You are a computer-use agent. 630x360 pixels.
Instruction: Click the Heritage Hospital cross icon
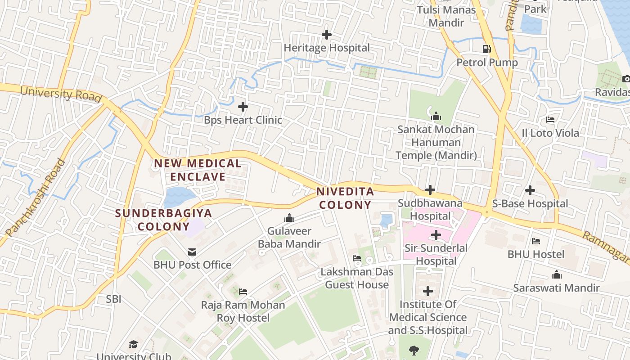[x=327, y=34]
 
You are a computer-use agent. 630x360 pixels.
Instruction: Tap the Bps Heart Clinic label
[x=243, y=120]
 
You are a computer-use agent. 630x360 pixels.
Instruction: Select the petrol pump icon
[x=486, y=49]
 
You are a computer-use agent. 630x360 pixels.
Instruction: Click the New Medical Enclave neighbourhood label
[x=198, y=170]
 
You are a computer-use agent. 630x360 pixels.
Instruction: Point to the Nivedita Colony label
[x=345, y=198]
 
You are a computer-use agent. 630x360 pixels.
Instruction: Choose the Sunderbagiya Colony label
[x=163, y=220]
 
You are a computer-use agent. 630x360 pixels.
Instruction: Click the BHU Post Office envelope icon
[x=192, y=252]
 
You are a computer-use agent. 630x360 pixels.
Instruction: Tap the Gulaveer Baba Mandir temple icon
[x=289, y=218]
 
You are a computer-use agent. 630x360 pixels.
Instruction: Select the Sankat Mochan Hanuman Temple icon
[x=436, y=117]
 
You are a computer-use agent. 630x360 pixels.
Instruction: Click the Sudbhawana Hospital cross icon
[x=430, y=190]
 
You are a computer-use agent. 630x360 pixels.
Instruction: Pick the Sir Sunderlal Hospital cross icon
[x=436, y=235]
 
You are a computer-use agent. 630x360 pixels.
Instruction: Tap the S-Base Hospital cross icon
[x=530, y=190]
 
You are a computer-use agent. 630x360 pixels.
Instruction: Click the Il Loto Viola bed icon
[x=550, y=120]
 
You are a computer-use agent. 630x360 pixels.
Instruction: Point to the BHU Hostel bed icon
[x=535, y=241]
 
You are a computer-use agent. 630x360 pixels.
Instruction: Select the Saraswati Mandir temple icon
[x=557, y=274]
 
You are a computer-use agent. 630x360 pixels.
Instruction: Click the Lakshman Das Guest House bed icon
[x=357, y=258]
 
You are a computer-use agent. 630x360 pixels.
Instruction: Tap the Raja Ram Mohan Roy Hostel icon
[x=243, y=292]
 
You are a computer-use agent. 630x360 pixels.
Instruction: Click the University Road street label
[x=61, y=94]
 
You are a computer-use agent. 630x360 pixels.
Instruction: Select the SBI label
[x=114, y=299]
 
